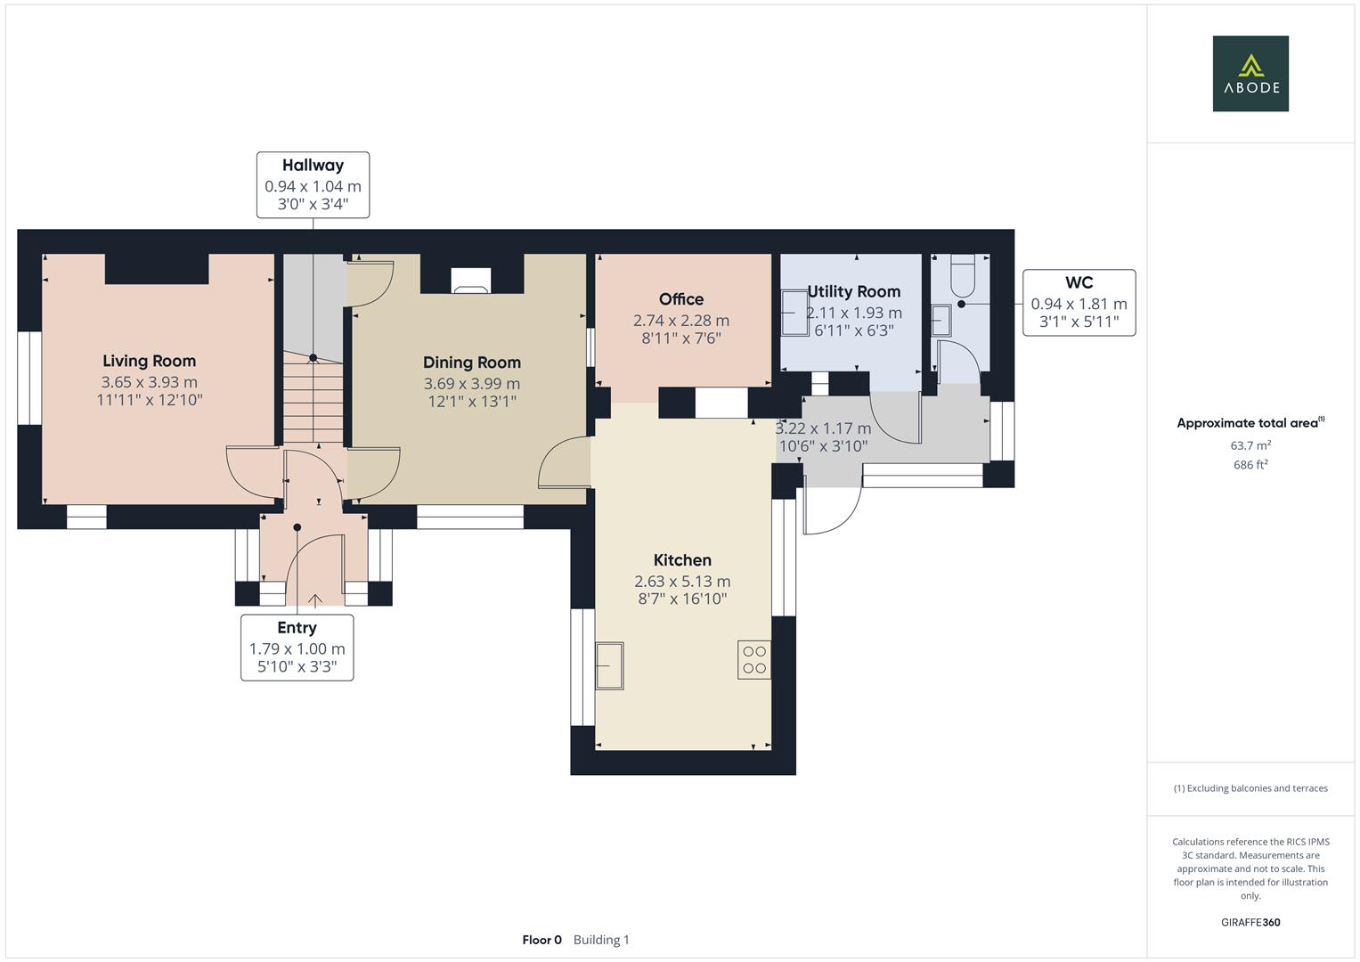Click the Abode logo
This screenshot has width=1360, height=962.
pyautogui.click(x=1250, y=74)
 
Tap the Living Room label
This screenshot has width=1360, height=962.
pyautogui.click(x=149, y=361)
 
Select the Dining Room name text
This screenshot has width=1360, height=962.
pyautogui.click(x=471, y=363)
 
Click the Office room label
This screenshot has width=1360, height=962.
pyautogui.click(x=681, y=299)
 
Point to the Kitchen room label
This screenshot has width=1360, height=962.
pyautogui.click(x=682, y=560)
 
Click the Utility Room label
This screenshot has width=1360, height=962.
pyautogui.click(x=853, y=291)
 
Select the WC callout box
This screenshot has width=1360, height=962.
pyautogui.click(x=1079, y=303)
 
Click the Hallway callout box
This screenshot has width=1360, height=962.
pyautogui.click(x=313, y=185)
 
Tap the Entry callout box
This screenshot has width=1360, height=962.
pyautogui.click(x=297, y=648)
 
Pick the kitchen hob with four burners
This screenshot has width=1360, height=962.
pyautogui.click(x=753, y=660)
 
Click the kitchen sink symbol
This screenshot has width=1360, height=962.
pyautogui.click(x=610, y=665)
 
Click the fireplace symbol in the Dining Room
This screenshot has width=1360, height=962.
pyautogui.click(x=470, y=281)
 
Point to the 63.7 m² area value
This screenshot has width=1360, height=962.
pyautogui.click(x=1250, y=445)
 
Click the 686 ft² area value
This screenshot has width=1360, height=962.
pyautogui.click(x=1250, y=465)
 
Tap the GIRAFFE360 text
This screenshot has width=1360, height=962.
pyautogui.click(x=1250, y=923)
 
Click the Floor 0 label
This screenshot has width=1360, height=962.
pyautogui.click(x=542, y=940)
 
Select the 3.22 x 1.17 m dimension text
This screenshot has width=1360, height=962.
pyautogui.click(x=824, y=428)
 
